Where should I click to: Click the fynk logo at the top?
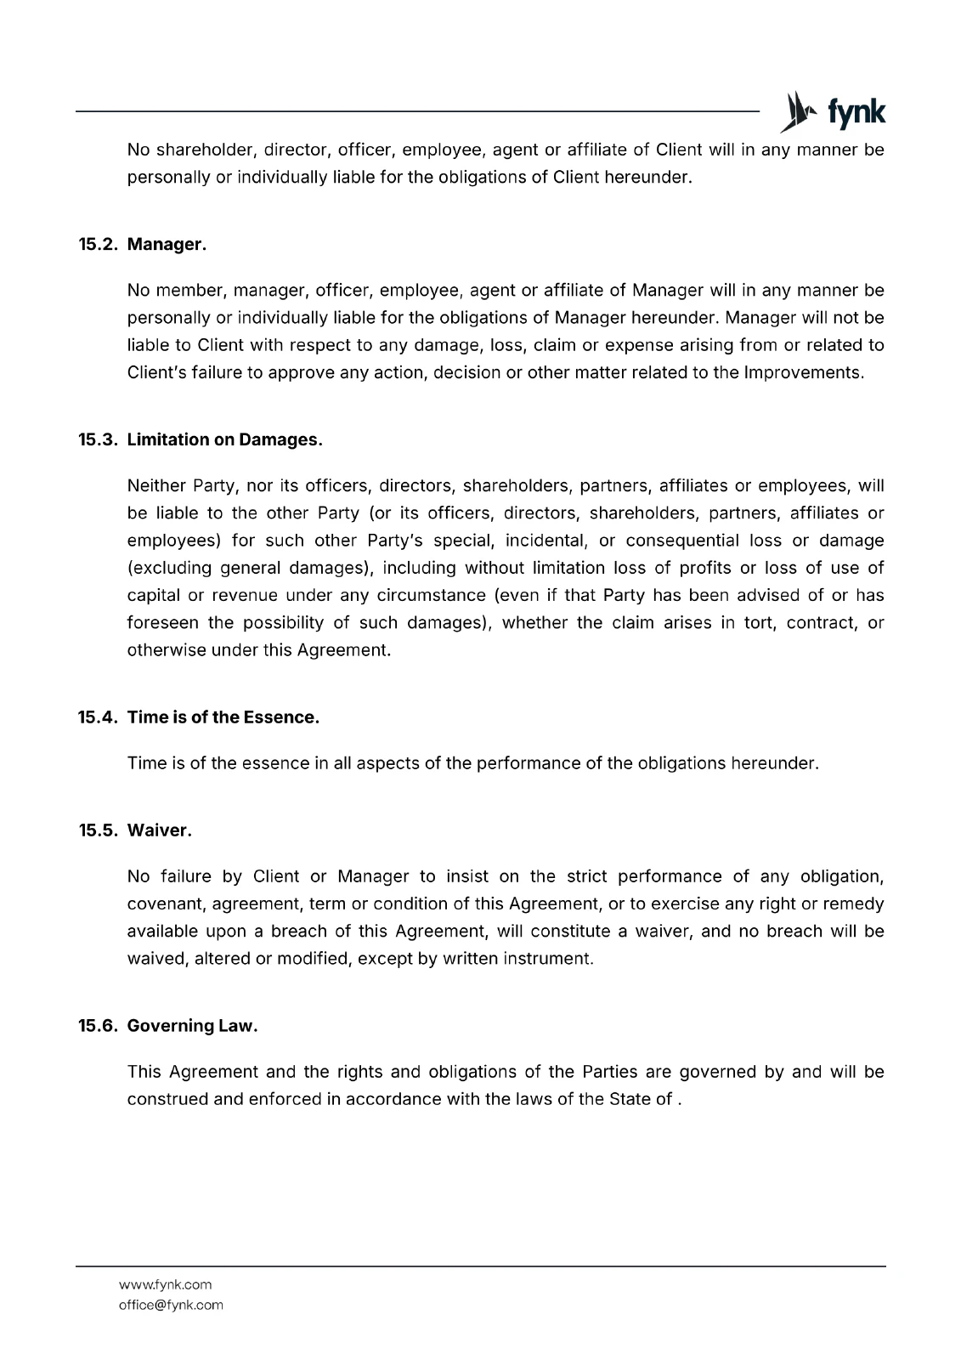coord(833,111)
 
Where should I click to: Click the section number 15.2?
coord(99,245)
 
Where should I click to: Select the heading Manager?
coord(167,245)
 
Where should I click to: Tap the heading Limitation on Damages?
coord(224,440)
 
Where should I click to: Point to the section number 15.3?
coord(99,440)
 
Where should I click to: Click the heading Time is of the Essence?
coord(223,717)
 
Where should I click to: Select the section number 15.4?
coord(99,717)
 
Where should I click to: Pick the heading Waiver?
coord(159,830)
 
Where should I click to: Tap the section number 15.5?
coord(99,830)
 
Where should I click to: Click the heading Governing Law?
coord(192,1026)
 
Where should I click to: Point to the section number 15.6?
coord(99,1026)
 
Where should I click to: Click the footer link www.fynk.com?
coord(165,1284)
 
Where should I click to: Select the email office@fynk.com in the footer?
coord(171,1305)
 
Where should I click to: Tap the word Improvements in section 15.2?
coord(803,373)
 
